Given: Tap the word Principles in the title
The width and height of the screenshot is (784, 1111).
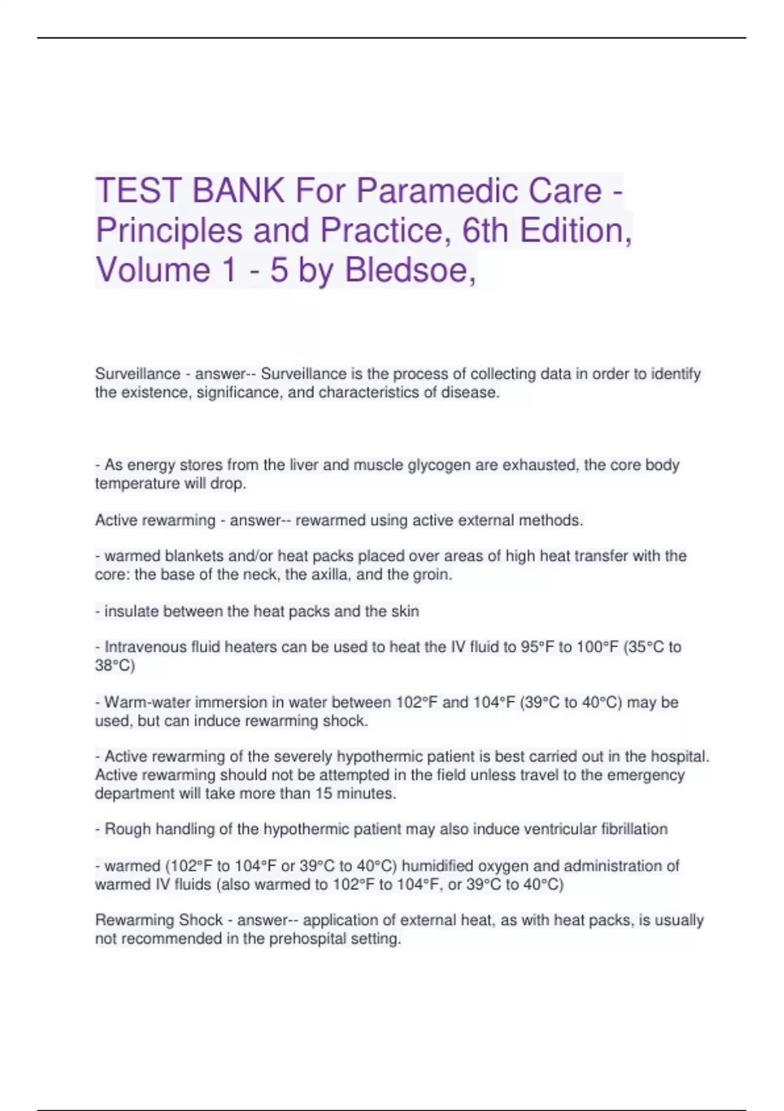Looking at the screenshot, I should click(x=169, y=230).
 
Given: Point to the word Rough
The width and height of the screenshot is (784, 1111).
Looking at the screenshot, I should click(x=127, y=829).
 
